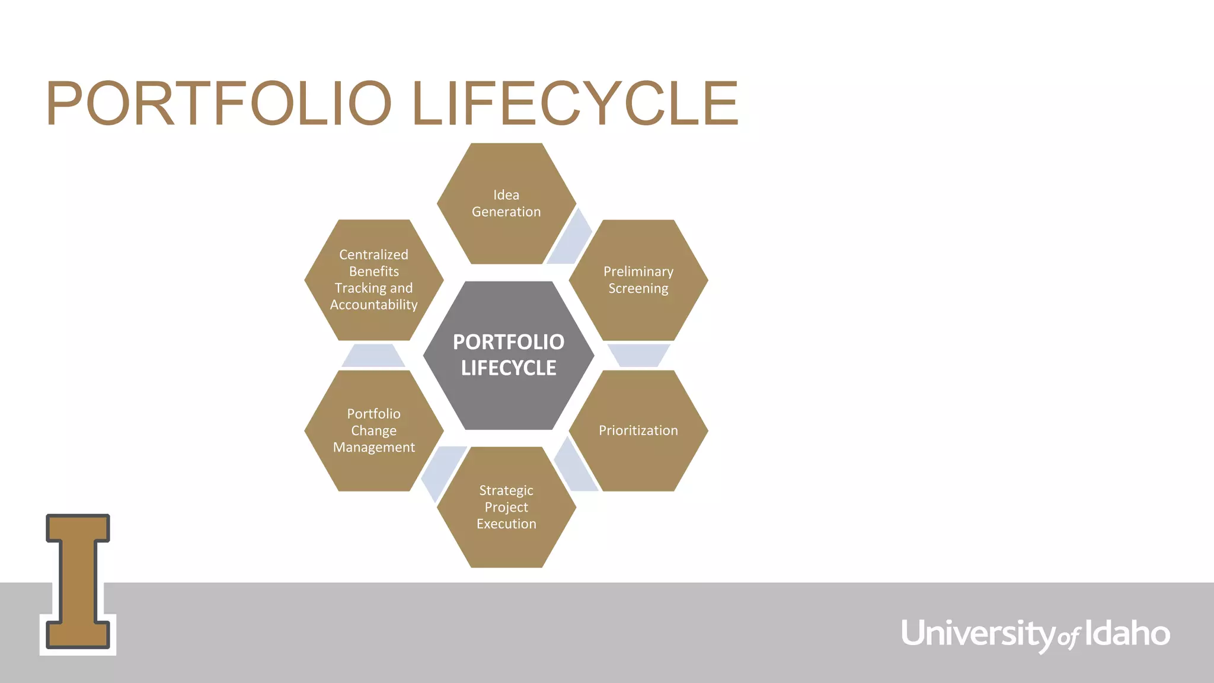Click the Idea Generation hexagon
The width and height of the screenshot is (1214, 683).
click(x=506, y=203)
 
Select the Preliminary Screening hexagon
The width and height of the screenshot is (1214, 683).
click(x=638, y=280)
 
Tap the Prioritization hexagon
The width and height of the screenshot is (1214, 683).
click(x=638, y=431)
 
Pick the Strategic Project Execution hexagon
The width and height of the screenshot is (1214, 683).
click(x=506, y=508)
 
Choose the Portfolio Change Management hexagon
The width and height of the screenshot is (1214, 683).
click(x=374, y=431)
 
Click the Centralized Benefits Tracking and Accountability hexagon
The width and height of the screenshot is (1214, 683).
click(x=374, y=280)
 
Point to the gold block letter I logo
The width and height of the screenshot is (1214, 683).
click(x=78, y=582)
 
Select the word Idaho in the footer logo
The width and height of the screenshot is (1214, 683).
click(x=1127, y=633)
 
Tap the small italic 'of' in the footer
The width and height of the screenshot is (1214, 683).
click(x=1069, y=638)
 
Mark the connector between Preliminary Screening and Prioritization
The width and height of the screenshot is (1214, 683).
click(x=638, y=355)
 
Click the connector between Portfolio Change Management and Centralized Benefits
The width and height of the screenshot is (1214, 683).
click(x=373, y=356)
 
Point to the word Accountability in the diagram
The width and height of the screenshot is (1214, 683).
click(x=374, y=305)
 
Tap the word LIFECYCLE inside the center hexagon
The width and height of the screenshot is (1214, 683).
click(x=509, y=368)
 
